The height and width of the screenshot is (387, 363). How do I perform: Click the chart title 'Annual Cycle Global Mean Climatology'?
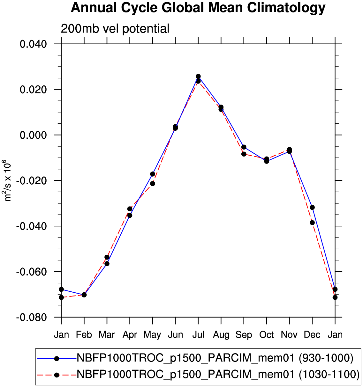pyautogui.click(x=198, y=8)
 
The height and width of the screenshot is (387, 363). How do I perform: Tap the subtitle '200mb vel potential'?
pyautogui.click(x=115, y=29)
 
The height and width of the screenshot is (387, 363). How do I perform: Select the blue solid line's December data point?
pyautogui.click(x=312, y=207)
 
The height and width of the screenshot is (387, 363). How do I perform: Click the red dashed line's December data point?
pyautogui.click(x=312, y=223)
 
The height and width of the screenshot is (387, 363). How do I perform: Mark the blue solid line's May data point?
pyautogui.click(x=153, y=174)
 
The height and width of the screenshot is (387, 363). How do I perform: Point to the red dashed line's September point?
pyautogui.click(x=244, y=154)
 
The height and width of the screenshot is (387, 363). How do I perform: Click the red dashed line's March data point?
pyautogui.click(x=107, y=257)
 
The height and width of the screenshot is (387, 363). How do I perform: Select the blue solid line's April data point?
pyautogui.click(x=130, y=215)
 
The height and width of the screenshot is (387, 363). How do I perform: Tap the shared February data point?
pyautogui.click(x=84, y=295)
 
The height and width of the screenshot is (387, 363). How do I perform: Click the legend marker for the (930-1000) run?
pyautogui.click(x=57, y=359)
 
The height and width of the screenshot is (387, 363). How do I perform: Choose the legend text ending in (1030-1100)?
pyautogui.click(x=218, y=375)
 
